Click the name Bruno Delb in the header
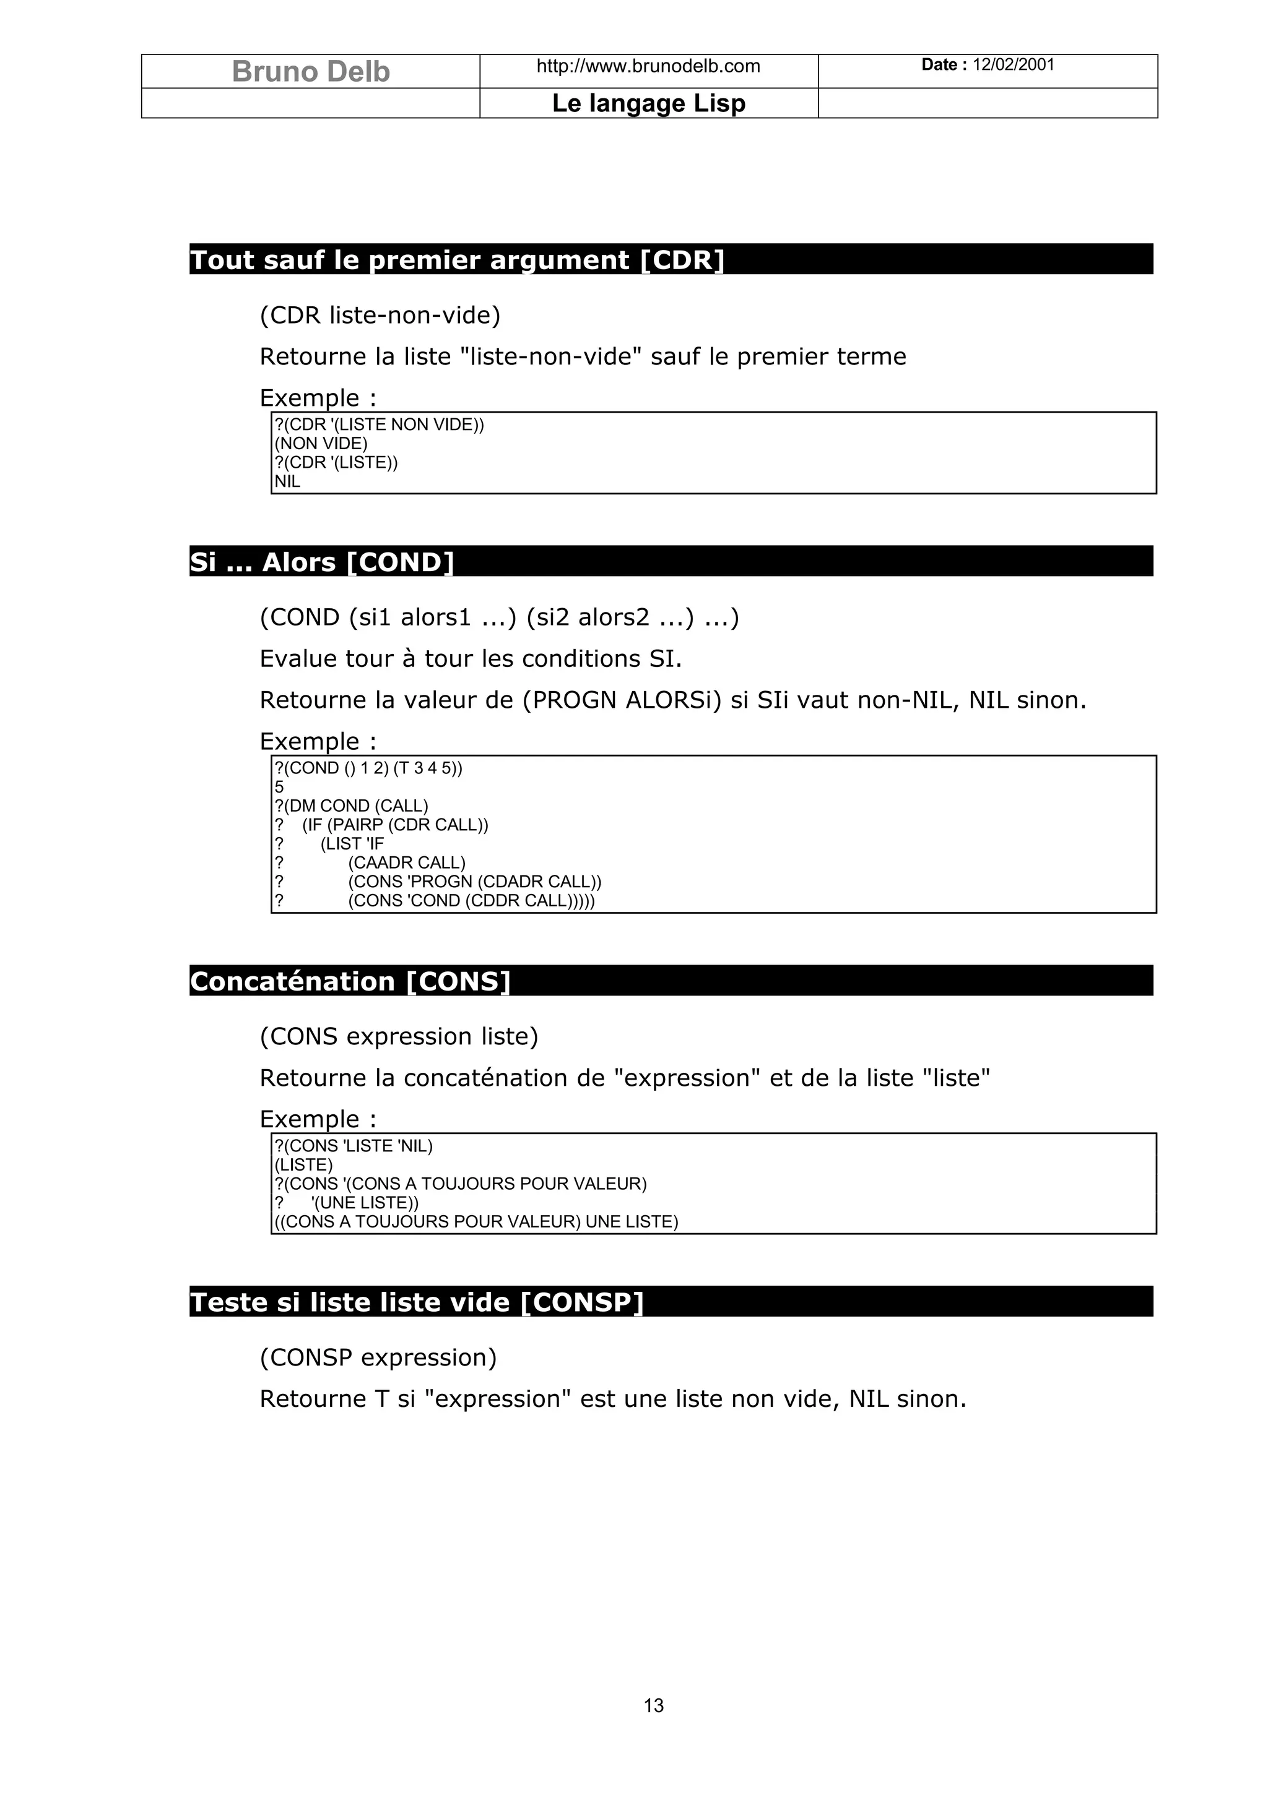pos(310,72)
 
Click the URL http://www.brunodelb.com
pos(648,66)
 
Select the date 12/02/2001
pos(1014,65)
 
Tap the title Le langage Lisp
pos(648,103)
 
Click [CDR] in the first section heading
pos(681,260)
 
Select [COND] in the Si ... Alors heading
pos(399,562)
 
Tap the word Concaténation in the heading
pos(292,982)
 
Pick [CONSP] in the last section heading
pos(581,1302)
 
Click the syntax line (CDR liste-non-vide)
pos(380,316)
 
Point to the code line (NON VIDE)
pos(321,444)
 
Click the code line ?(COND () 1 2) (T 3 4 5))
pos(368,768)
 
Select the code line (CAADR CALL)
pos(406,863)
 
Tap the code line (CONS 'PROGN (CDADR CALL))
pos(474,882)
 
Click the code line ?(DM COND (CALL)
pos(352,806)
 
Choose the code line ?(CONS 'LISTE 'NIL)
pos(353,1146)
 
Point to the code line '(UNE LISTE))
pos(364,1203)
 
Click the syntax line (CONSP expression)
pos(378,1358)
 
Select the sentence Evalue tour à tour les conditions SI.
pos(471,659)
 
